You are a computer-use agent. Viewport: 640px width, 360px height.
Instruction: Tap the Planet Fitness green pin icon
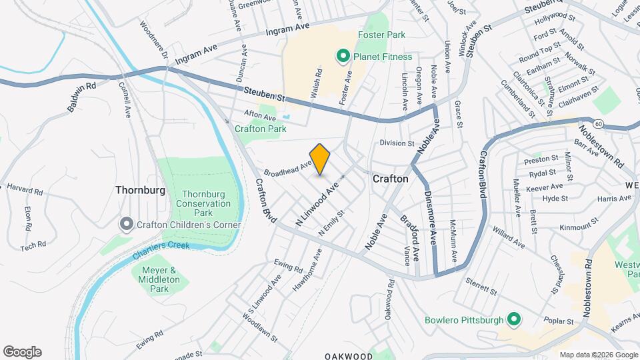pos(343,57)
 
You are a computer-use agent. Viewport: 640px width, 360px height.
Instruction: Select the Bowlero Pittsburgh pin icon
pos(513,320)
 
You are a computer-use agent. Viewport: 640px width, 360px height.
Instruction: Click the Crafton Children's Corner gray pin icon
pos(126,225)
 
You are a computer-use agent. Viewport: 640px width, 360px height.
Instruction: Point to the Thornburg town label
pos(140,190)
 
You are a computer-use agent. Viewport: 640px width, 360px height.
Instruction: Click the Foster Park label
pos(382,35)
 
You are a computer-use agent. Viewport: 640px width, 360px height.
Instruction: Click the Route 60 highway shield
pos(599,124)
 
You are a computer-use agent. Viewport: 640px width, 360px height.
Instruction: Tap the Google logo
pos(22,352)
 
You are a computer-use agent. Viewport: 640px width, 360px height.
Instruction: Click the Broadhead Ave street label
pos(288,168)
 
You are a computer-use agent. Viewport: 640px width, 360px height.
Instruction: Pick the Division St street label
pos(397,143)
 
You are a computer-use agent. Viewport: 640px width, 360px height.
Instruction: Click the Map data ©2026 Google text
pos(598,355)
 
